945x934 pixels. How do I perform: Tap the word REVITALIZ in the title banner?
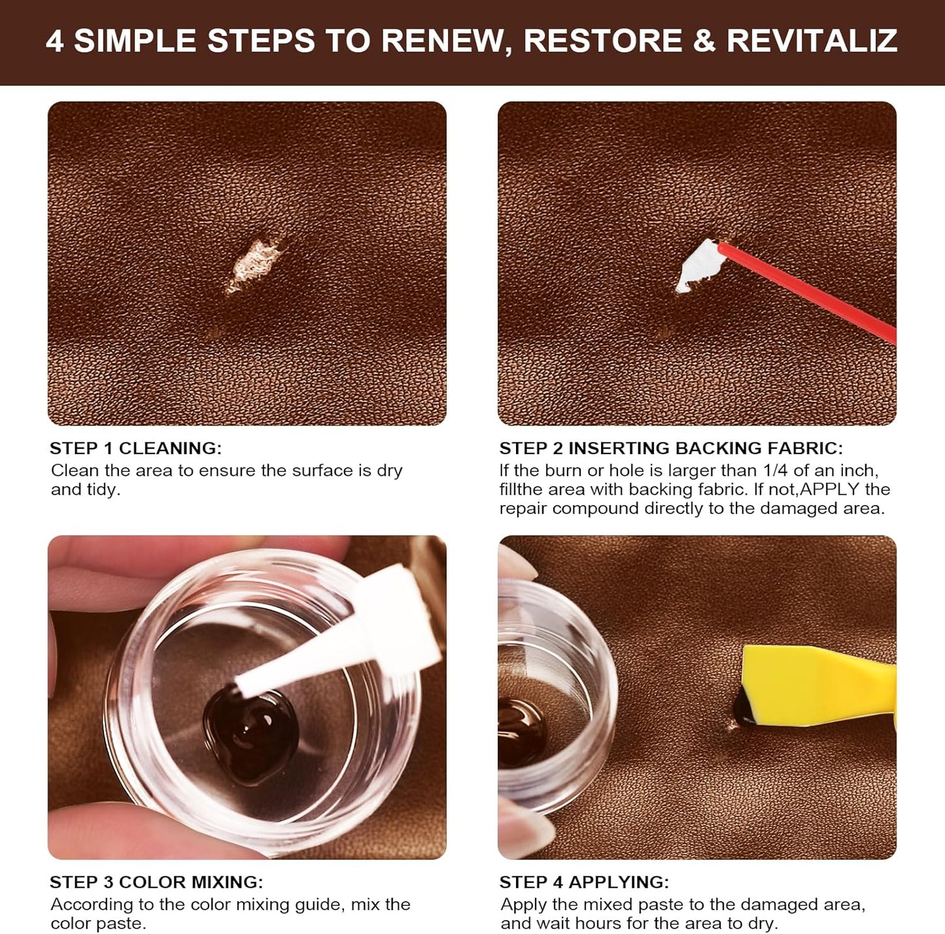tap(812, 41)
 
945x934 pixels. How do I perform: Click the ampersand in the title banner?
tap(704, 41)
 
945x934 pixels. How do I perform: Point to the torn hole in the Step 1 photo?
tap(254, 265)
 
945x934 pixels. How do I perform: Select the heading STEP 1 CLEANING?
tap(135, 448)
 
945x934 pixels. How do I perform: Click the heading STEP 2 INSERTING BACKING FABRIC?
tap(671, 448)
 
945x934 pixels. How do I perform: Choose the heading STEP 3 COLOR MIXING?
tap(156, 882)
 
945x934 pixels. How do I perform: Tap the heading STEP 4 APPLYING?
tap(584, 882)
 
